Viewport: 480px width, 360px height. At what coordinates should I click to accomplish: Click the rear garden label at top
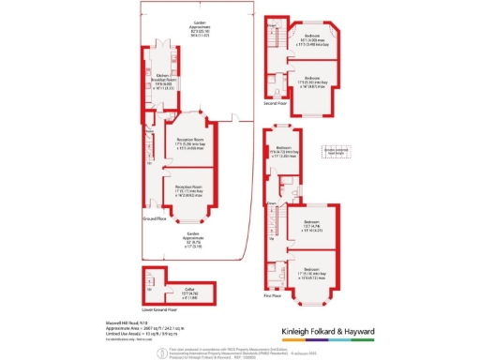click(200, 28)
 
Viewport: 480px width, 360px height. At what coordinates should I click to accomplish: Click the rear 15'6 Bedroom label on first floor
click(285, 153)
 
